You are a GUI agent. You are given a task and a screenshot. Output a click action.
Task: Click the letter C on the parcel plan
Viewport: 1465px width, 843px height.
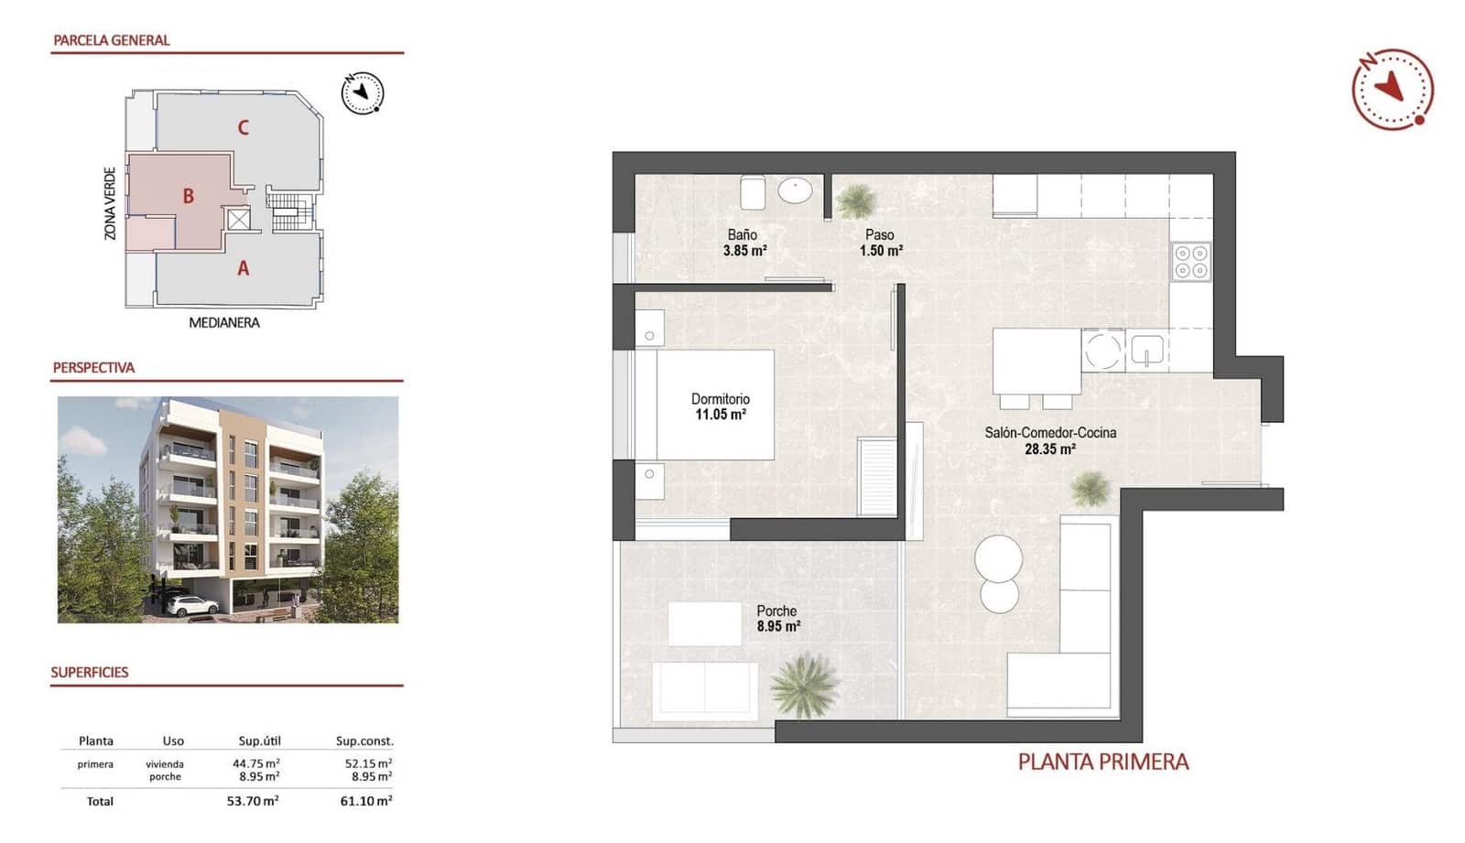click(x=243, y=127)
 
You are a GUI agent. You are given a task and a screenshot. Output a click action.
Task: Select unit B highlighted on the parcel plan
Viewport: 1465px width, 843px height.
click(x=188, y=196)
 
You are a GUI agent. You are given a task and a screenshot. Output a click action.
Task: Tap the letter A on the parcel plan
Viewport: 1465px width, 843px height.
click(x=243, y=268)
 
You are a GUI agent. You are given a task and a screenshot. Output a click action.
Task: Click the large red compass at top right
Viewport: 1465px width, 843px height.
click(x=1393, y=89)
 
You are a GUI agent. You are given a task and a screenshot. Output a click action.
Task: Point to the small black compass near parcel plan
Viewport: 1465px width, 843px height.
click(x=363, y=92)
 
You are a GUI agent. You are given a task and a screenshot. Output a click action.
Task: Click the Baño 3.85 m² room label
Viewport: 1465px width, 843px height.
click(x=743, y=243)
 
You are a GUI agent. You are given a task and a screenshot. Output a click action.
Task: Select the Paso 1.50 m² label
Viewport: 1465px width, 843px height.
click(x=880, y=243)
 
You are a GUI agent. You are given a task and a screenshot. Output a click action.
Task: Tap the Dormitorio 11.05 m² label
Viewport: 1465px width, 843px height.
click(x=720, y=406)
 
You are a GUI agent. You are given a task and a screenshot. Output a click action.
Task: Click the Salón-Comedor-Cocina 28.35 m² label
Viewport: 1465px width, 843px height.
click(x=1049, y=440)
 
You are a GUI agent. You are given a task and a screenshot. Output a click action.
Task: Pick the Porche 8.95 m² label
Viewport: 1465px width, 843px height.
click(x=777, y=619)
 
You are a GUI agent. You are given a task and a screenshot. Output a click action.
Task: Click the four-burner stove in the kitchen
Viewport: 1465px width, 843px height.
click(x=1191, y=261)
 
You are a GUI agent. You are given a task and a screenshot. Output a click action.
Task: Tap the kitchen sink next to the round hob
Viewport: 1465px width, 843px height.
click(x=1146, y=350)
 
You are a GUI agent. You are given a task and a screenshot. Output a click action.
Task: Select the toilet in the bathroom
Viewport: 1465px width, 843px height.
click(x=753, y=192)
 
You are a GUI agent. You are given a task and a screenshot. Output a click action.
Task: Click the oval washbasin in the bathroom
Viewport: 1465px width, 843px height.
click(x=795, y=191)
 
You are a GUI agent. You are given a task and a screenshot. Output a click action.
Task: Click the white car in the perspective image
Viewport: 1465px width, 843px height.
click(x=191, y=605)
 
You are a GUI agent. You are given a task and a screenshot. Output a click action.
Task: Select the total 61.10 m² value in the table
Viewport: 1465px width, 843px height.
click(x=364, y=801)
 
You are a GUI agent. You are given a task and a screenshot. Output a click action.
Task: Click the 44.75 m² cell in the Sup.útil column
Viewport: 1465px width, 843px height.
click(x=256, y=762)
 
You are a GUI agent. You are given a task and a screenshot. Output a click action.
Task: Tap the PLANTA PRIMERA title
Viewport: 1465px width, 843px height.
click(x=1102, y=762)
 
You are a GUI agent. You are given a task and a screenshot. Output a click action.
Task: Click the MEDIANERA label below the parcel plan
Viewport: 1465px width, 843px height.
click(x=223, y=322)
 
